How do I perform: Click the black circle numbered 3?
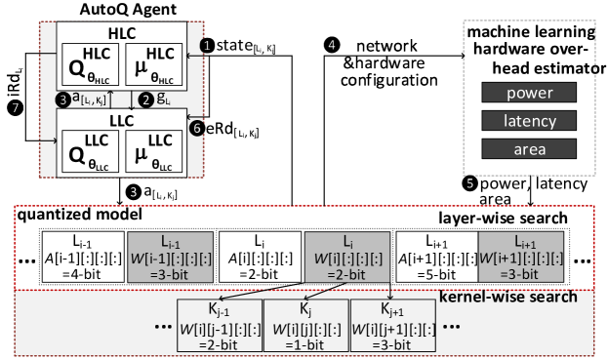coord(62,99)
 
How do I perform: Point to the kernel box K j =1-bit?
coord(303,327)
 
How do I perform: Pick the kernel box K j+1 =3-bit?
coord(389,327)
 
